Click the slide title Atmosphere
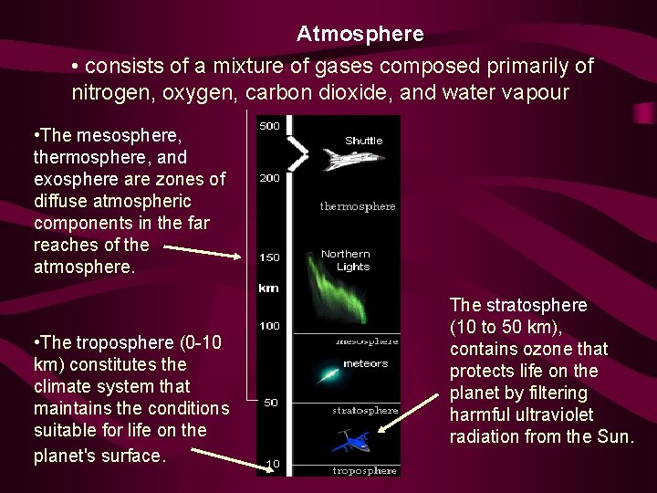[360, 35]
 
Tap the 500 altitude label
[269, 126]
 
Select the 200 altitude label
[269, 178]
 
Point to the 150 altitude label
[269, 257]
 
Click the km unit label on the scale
[268, 288]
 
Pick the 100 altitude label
[269, 326]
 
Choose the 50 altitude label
[271, 403]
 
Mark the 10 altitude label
[272, 465]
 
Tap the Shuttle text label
[364, 141]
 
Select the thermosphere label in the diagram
[358, 206]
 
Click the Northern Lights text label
[347, 260]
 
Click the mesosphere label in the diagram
[367, 341]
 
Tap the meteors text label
[365, 363]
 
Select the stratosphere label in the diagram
[365, 411]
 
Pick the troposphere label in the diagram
[365, 470]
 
